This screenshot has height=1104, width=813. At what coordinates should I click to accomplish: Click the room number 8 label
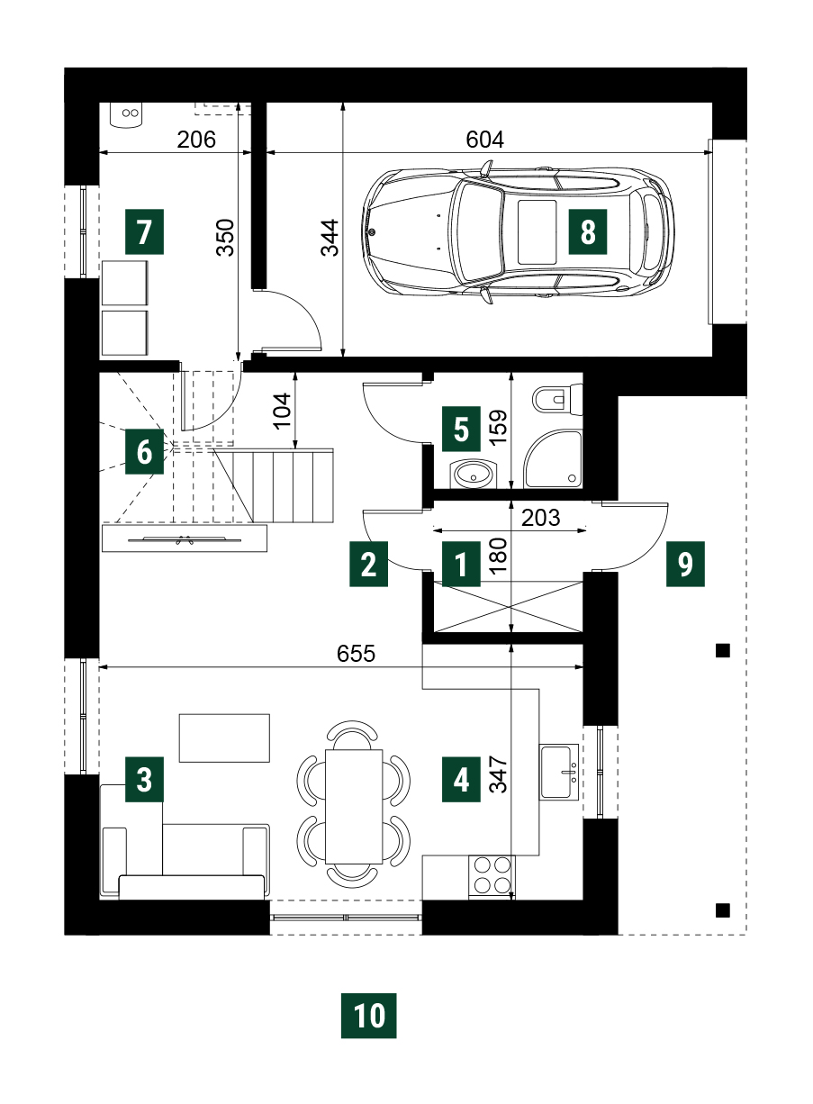587,231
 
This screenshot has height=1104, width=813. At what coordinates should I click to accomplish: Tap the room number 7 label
144,231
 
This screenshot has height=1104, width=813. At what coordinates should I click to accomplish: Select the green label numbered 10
368,1016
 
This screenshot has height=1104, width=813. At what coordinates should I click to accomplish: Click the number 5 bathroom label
461,429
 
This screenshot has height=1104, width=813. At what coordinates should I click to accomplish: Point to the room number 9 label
685,564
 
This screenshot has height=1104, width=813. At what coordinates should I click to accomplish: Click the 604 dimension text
485,140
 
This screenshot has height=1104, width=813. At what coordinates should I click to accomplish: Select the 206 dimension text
196,140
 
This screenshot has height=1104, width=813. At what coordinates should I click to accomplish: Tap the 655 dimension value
356,654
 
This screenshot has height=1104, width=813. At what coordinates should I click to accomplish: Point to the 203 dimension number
540,518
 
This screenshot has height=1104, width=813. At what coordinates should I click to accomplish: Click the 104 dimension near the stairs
283,412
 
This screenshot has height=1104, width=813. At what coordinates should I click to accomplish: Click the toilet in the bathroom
557,399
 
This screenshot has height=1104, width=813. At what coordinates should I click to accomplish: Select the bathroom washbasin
474,475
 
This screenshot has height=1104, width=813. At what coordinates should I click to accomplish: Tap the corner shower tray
554,459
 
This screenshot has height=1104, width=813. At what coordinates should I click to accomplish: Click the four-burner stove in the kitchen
492,878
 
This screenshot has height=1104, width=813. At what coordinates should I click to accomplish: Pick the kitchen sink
559,772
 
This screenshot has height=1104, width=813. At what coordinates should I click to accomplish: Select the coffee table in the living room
224,738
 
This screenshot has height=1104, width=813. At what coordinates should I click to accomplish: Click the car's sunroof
537,231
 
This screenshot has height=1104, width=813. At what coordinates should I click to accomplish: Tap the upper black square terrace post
723,650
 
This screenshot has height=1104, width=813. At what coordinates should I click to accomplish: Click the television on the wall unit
185,539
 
